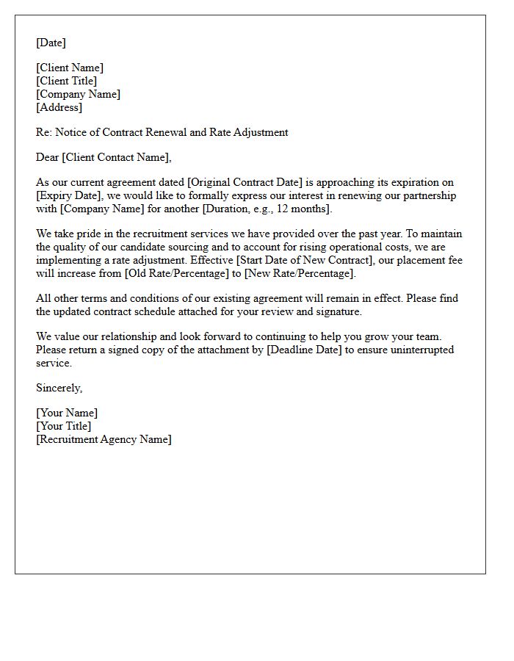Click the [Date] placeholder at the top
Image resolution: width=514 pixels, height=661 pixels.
pyautogui.click(x=51, y=43)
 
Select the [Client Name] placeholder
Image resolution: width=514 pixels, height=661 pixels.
pyautogui.click(x=70, y=68)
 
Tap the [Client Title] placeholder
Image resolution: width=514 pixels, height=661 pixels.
pyautogui.click(x=66, y=81)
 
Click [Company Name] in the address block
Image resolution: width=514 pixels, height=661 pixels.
pyautogui.click(x=78, y=94)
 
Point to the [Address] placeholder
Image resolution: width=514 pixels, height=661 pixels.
pyautogui.click(x=59, y=107)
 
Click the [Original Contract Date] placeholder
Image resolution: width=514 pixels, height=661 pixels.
pyautogui.click(x=246, y=182)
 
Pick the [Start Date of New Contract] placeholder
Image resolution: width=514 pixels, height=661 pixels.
pyautogui.click(x=300, y=260)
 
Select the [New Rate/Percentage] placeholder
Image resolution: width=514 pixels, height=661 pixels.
pyautogui.click(x=300, y=273)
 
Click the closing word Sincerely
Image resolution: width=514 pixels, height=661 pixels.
pyautogui.click(x=59, y=388)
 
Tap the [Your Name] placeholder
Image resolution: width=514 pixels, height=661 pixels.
pyautogui.click(x=67, y=413)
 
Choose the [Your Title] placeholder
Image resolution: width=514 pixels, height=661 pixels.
pyautogui.click(x=64, y=426)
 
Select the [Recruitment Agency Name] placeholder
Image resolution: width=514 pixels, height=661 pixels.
pyautogui.click(x=104, y=439)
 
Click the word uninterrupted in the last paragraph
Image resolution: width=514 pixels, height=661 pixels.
pyautogui.click(x=413, y=350)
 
